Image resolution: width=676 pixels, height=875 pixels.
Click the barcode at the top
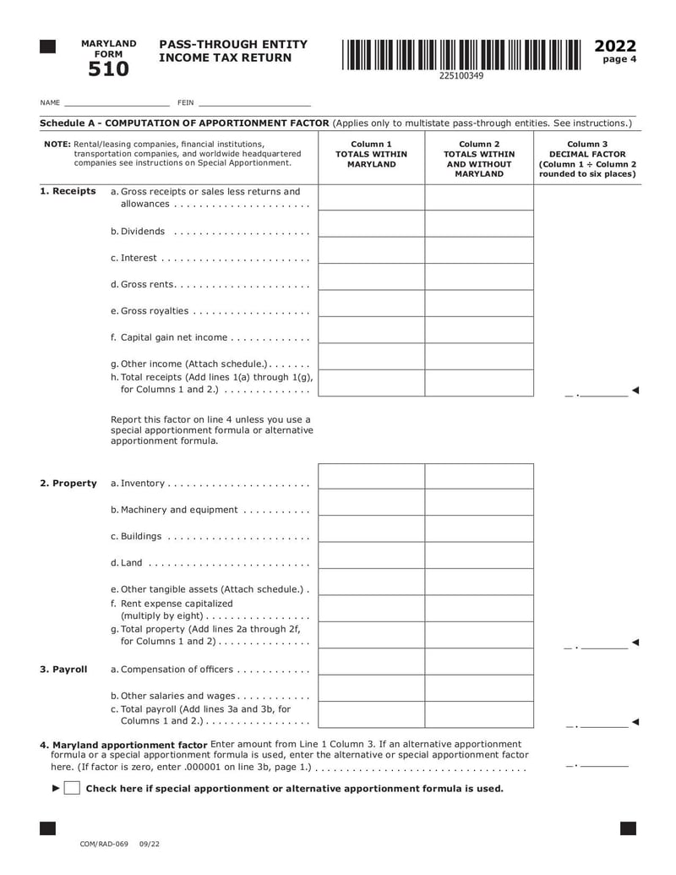[461, 55]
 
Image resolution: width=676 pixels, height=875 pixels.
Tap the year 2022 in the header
[615, 46]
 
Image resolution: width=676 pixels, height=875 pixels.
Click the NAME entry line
[116, 102]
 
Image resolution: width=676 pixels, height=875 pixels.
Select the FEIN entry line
[253, 102]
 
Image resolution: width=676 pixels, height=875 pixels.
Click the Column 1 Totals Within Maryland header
[371, 154]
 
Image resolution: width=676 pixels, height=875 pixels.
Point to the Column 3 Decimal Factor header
[586, 159]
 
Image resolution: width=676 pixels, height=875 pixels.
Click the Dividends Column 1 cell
[371, 225]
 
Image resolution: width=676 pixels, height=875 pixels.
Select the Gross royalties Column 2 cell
[479, 304]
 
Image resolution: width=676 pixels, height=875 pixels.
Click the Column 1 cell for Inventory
[371, 477]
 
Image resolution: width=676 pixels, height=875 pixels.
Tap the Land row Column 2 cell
[479, 556]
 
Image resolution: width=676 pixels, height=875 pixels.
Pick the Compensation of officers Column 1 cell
[371, 663]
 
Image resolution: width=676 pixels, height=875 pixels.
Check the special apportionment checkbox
[73, 789]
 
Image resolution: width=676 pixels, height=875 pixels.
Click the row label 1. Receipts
[68, 192]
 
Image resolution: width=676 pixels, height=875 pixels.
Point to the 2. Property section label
[68, 484]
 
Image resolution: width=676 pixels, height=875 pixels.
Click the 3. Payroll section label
[63, 670]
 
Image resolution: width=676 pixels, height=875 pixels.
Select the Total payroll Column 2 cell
[479, 715]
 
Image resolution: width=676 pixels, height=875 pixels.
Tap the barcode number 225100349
[461, 76]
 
